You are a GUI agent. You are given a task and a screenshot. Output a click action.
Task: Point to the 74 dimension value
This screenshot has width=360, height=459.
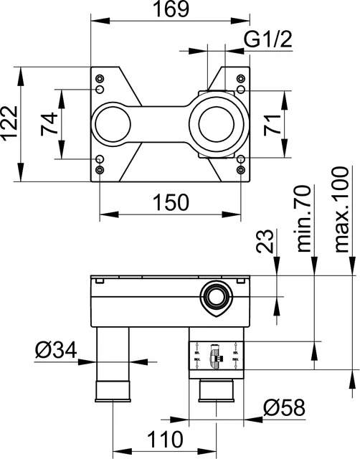coord(49,126)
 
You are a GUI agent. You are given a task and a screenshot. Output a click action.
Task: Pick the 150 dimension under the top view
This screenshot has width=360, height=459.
coord(171,202)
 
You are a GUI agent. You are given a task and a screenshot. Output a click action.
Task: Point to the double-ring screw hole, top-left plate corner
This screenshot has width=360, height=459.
coord(100,88)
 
